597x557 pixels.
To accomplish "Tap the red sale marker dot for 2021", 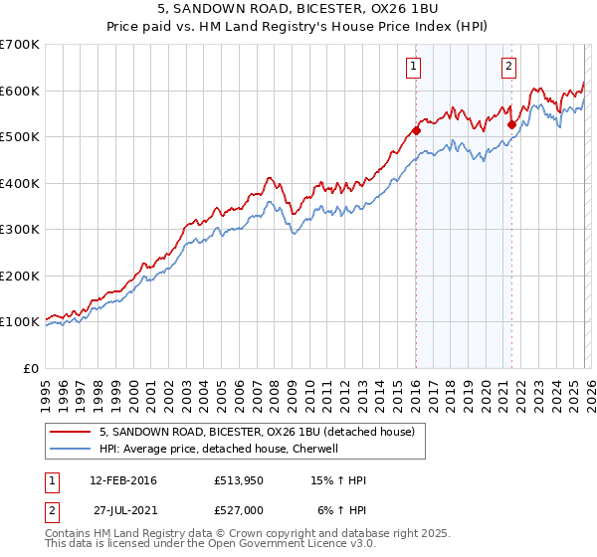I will pos(511,124).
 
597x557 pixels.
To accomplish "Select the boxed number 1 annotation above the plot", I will pos(412,67).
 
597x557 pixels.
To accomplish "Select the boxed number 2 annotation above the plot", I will pos(508,67).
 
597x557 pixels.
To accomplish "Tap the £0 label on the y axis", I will pos(30,368).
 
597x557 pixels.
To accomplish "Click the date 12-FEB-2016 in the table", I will pos(123,480).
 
